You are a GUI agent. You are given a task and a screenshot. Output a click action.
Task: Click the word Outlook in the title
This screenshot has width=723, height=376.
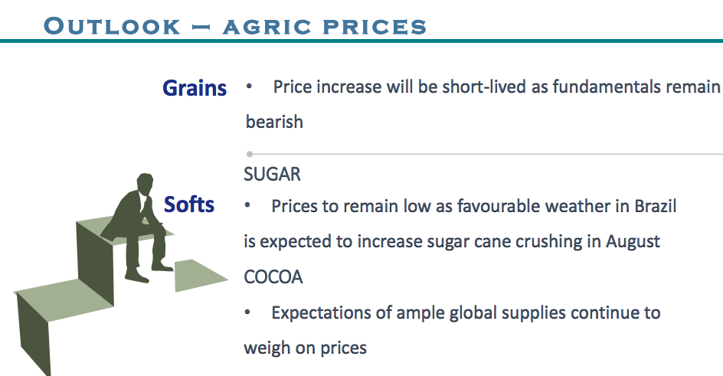point(112,26)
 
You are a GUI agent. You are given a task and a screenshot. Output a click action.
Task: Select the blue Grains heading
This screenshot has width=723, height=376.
point(195,87)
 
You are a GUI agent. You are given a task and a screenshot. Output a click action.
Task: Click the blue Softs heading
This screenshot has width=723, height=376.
point(189,204)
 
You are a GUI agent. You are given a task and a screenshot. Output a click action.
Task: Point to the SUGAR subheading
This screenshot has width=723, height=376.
point(272,174)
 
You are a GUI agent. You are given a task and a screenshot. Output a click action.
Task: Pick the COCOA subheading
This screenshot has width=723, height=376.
point(273,277)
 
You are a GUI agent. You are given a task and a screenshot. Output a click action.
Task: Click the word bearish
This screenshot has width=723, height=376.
point(274,122)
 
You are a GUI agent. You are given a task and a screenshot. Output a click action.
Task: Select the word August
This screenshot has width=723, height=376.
point(633,241)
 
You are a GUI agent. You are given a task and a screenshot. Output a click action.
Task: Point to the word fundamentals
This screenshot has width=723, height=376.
point(607,87)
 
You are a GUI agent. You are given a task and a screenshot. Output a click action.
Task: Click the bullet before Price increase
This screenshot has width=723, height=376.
point(249,87)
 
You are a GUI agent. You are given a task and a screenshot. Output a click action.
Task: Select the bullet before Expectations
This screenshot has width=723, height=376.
point(247,312)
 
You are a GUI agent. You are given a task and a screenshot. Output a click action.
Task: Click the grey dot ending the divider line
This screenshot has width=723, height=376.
point(250,154)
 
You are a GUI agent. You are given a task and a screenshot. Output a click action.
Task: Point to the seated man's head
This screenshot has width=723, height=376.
point(145,182)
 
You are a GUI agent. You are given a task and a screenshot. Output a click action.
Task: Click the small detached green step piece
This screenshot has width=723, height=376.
point(198,275)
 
